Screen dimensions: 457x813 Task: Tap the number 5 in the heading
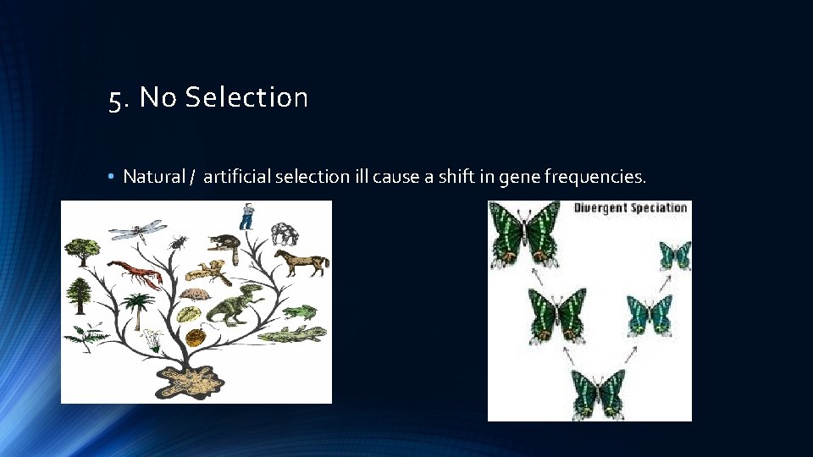click(x=114, y=100)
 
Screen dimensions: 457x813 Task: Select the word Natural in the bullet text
click(x=154, y=177)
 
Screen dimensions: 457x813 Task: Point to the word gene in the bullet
click(x=523, y=177)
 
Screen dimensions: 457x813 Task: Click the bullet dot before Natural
click(x=112, y=177)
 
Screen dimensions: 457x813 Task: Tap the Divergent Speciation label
click(x=631, y=208)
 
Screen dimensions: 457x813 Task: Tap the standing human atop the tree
click(x=246, y=217)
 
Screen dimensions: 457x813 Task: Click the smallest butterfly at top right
click(x=675, y=255)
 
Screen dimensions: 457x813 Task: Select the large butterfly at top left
click(x=526, y=233)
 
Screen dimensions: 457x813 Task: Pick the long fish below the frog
click(x=292, y=334)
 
